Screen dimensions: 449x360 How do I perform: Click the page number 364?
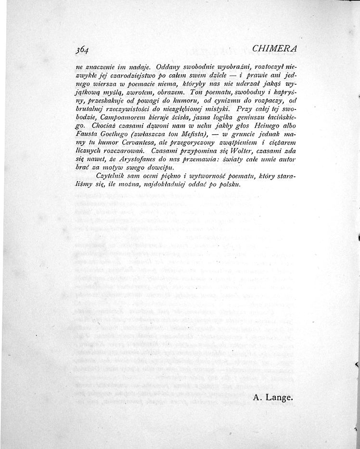point(83,49)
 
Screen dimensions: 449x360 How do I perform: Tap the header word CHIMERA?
point(274,49)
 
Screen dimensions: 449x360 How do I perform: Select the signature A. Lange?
point(272,397)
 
